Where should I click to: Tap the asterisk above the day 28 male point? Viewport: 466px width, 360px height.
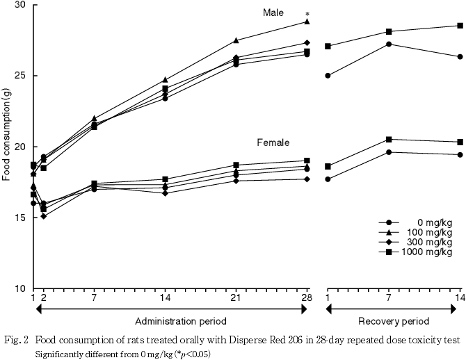point(307,14)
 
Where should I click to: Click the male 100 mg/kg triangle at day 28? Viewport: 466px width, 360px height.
point(307,22)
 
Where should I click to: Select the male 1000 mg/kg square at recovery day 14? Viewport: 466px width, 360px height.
point(460,26)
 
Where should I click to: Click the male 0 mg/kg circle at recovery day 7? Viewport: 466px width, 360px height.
point(389,44)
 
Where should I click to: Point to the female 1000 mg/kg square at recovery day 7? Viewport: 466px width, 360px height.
point(389,140)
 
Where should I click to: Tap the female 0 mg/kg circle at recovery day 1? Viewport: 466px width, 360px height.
point(328,179)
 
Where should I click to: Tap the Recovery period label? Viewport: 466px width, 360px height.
point(393,320)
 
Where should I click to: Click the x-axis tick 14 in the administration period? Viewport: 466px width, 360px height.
point(166,298)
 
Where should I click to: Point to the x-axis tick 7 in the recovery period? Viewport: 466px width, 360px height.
point(389,298)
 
